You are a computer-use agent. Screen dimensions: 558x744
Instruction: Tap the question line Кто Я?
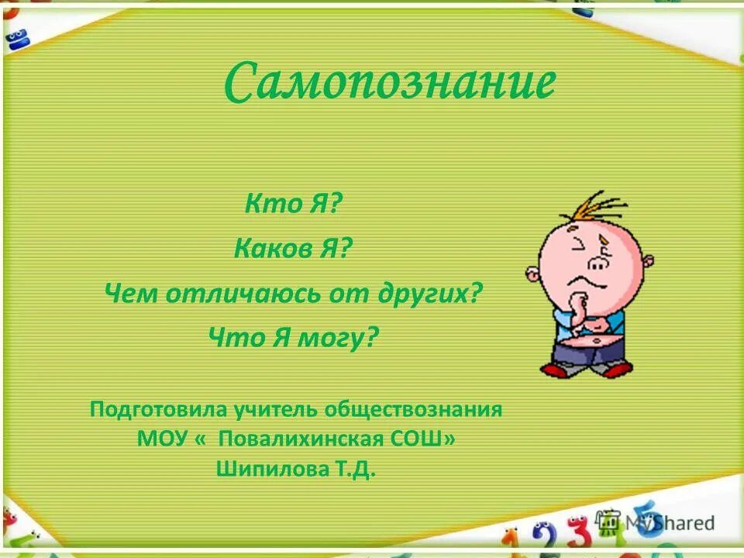pos(293,204)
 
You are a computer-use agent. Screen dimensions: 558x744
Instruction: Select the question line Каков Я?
pos(293,249)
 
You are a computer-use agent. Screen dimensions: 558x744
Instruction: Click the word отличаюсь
pos(236,294)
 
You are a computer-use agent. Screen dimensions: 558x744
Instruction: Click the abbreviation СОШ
pos(425,439)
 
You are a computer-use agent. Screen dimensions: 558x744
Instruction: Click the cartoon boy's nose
pos(598,263)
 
